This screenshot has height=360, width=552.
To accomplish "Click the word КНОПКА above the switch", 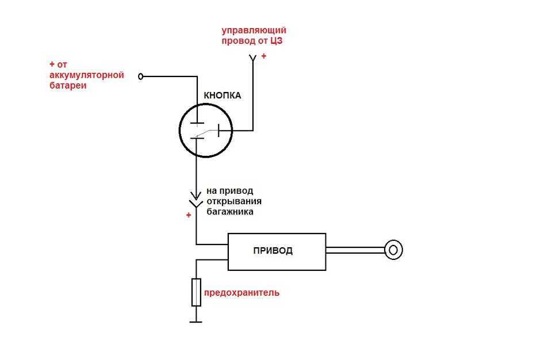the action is coord(222,95).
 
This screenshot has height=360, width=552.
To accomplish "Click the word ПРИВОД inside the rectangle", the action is coord(273,251).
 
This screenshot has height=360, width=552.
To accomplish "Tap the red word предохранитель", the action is coord(242,293).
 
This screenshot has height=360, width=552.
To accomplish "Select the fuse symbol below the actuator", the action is coord(196,292).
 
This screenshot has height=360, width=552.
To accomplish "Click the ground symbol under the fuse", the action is coord(195,321).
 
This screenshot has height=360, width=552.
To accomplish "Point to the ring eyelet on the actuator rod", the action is coord(393,250).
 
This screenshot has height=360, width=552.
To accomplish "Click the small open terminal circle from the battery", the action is coord(141,76).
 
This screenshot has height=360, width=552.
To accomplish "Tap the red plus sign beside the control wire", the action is coord(264,56).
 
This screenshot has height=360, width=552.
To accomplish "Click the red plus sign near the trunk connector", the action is coord(189,215).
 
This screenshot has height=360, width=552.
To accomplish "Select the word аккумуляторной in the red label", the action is coord(87,75).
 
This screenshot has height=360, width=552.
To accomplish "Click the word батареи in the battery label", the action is coord(68,86).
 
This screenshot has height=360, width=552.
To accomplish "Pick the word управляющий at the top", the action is coord(254,30).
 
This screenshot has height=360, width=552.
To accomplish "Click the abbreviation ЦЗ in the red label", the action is coord(277,41).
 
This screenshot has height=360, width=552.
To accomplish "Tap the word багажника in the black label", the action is coord(230,212).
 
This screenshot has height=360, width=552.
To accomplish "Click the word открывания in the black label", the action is coord(234,201).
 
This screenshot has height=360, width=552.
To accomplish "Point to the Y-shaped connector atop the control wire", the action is coord(252,59).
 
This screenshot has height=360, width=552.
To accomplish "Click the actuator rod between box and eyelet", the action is coord(355,250).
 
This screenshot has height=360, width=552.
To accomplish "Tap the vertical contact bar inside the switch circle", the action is coord(218,131).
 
